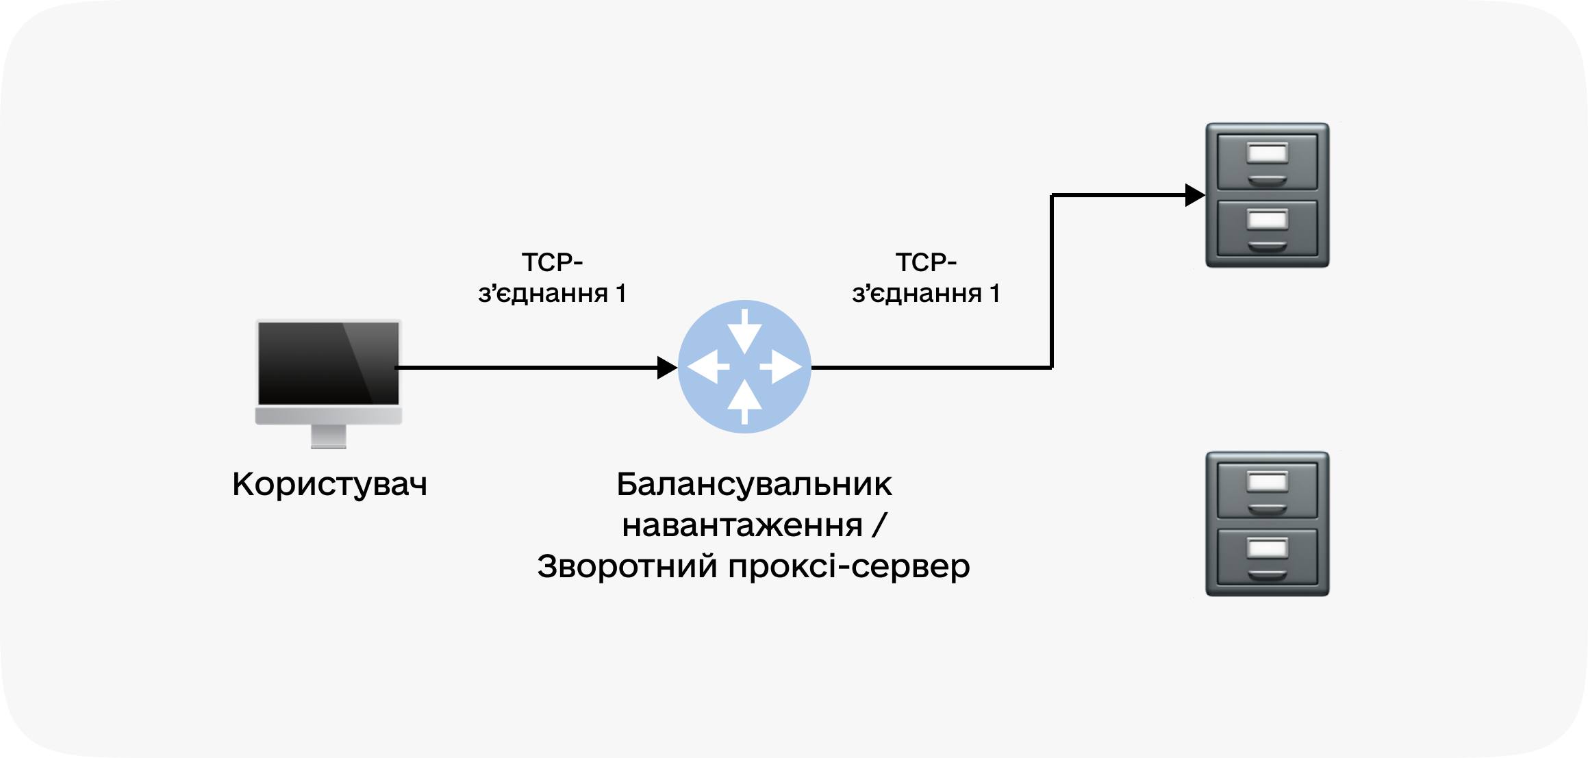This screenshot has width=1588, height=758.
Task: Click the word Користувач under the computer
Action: point(329,484)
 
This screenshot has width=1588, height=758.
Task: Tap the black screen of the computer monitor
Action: point(328,363)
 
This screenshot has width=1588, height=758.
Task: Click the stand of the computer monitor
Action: point(329,436)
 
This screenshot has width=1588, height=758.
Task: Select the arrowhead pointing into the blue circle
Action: point(666,368)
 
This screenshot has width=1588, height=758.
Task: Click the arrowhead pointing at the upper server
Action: point(1194,195)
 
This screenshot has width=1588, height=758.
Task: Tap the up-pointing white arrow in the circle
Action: point(744,403)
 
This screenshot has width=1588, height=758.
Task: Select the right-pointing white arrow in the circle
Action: point(781,367)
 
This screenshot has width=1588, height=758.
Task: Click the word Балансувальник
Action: point(754,484)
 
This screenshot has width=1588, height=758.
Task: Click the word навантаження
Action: point(742,526)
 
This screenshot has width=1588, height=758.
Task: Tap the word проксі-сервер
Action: point(849,566)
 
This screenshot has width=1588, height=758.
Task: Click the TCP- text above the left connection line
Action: point(552,262)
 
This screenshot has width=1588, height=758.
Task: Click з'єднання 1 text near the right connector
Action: point(926,294)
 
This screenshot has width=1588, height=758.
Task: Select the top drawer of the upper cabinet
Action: point(1267,162)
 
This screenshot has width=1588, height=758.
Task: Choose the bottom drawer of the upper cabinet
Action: point(1267,228)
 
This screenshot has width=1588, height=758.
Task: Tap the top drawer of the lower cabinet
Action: point(1267,490)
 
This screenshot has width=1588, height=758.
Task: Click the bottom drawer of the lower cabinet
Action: point(1267,557)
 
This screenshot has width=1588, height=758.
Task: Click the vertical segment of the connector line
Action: point(1052,281)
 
